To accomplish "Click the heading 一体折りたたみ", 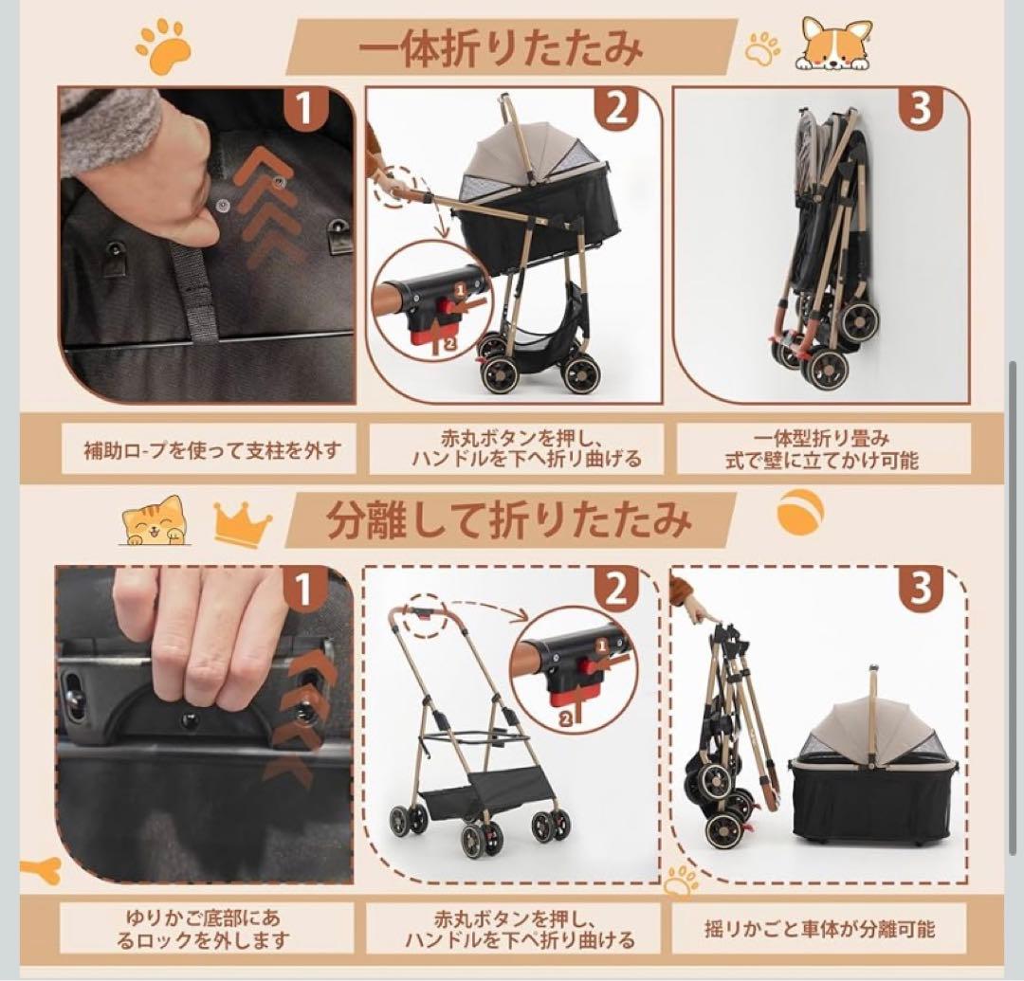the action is pyautogui.click(x=501, y=47).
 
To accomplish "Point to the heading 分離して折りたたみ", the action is pyautogui.click(x=509, y=520).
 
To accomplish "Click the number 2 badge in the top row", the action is pyautogui.click(x=616, y=108).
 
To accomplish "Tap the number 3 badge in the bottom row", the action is pyautogui.click(x=920, y=587).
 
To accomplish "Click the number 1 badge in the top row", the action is pyautogui.click(x=305, y=108).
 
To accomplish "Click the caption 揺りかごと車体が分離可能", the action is pyautogui.click(x=819, y=929).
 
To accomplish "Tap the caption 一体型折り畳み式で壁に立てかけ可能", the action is pyautogui.click(x=821, y=449).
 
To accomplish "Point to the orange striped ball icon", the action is pyautogui.click(x=800, y=513).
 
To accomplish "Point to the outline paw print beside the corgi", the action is pyautogui.click(x=762, y=47).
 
